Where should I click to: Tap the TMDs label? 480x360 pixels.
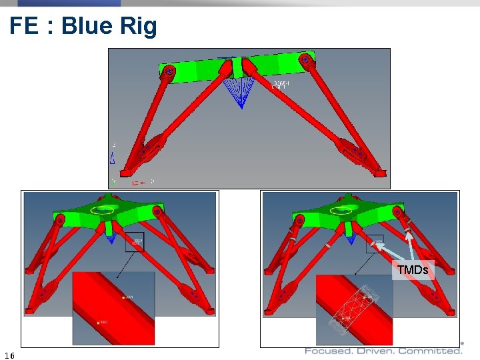click(x=413, y=270)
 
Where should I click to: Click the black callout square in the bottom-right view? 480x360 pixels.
click(x=375, y=243)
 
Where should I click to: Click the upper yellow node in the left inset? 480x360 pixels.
click(x=124, y=297)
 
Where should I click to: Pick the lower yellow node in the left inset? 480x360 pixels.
click(x=99, y=323)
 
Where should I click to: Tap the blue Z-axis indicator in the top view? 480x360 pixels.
click(x=113, y=157)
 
